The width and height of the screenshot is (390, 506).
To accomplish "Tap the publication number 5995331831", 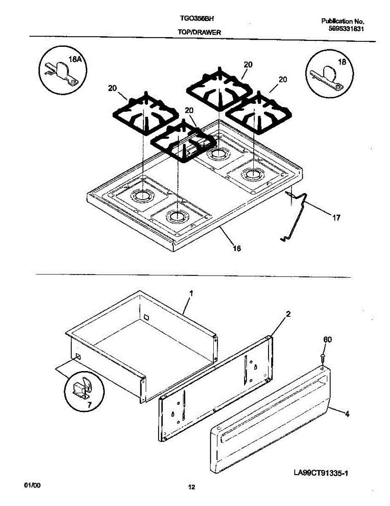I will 346,29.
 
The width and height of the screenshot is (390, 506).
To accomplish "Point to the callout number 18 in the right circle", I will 342,62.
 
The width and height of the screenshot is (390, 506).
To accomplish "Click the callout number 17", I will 336,218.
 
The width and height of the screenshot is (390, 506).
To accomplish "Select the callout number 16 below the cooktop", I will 237,249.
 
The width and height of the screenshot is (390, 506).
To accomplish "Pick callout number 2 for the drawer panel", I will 288,314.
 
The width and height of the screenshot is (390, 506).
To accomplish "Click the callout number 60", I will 327,340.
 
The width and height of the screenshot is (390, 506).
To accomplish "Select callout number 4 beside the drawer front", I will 347,414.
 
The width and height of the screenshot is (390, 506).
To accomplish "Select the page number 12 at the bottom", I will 191,488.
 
